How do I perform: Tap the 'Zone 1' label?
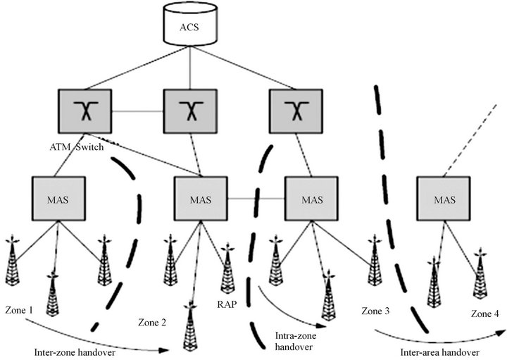coord(19,311)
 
